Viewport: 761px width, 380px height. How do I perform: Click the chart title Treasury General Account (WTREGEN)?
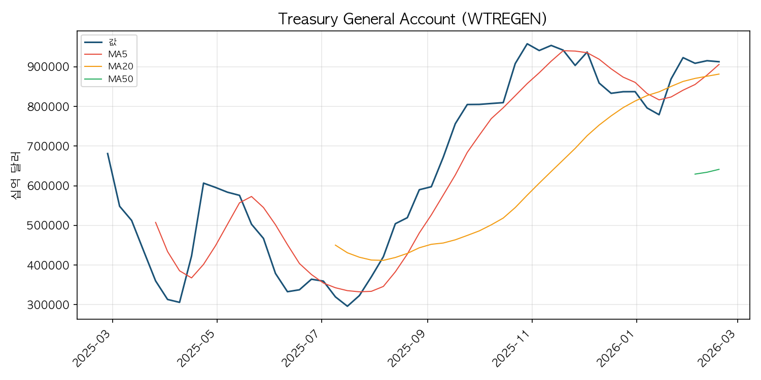[x=412, y=19]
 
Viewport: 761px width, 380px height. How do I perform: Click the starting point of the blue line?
[x=108, y=153]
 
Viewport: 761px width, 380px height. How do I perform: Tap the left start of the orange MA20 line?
[x=335, y=245]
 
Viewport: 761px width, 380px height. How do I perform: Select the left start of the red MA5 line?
[x=156, y=222]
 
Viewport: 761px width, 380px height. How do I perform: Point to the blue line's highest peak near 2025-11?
[x=527, y=44]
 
